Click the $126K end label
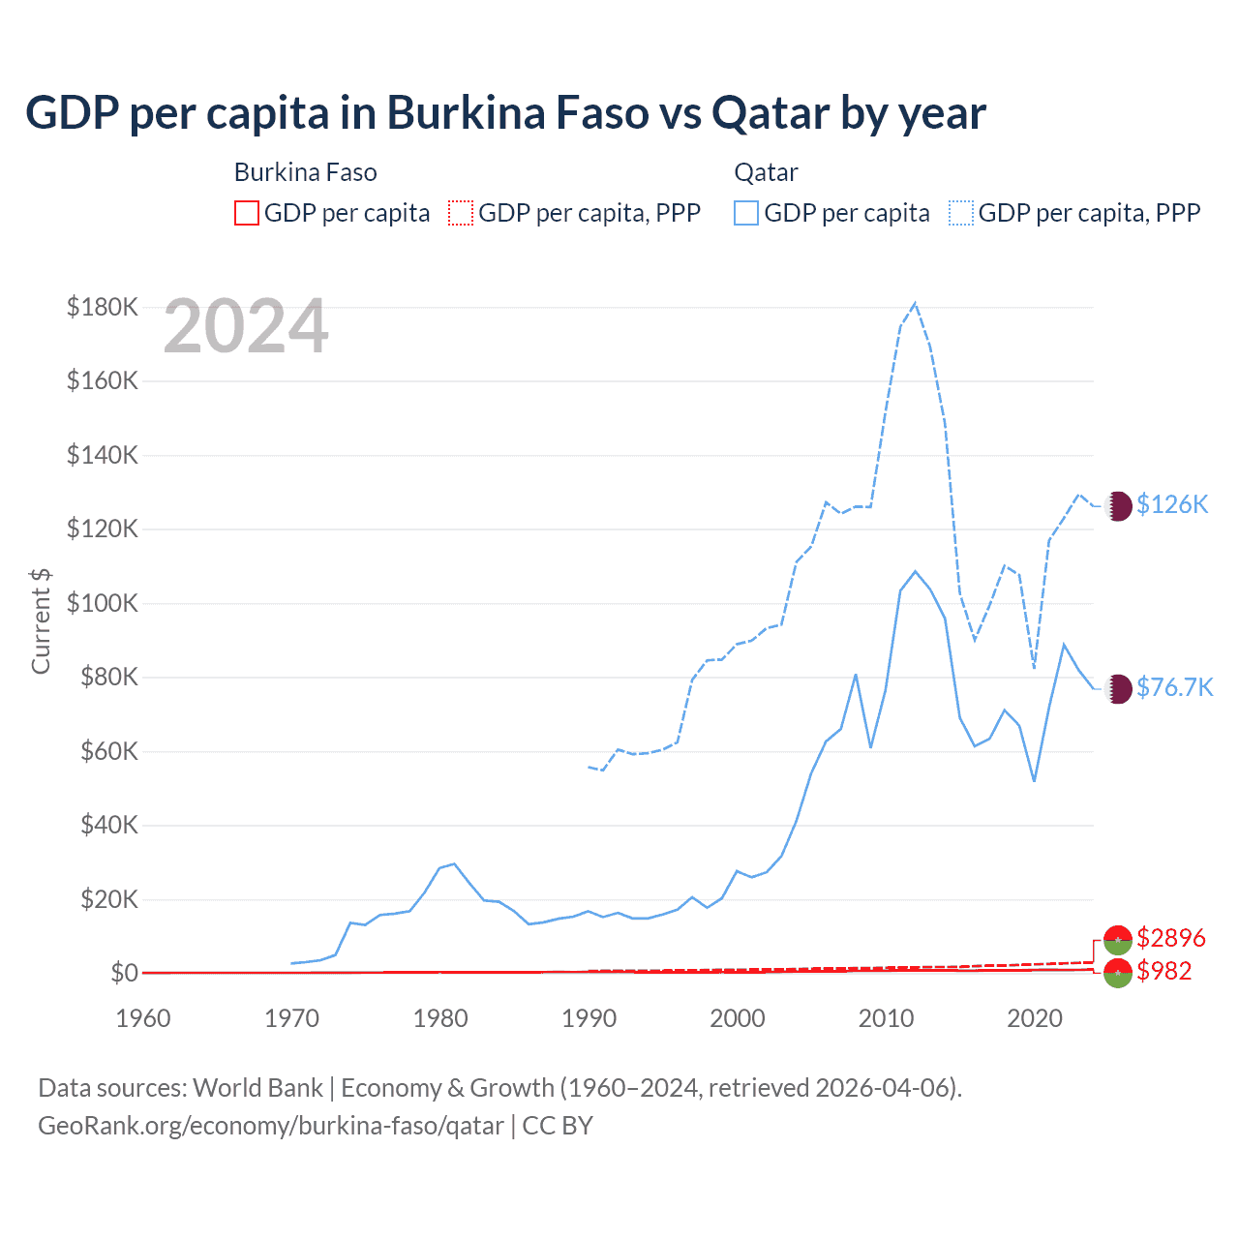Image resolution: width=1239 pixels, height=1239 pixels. tap(1172, 504)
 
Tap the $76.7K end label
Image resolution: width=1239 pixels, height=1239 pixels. tap(1174, 687)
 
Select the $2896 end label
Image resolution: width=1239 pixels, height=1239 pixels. tap(1171, 938)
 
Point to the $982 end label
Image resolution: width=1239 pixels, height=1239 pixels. tap(1164, 971)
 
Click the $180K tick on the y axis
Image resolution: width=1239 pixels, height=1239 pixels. tap(103, 308)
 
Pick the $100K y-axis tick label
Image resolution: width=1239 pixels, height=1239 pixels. tap(103, 603)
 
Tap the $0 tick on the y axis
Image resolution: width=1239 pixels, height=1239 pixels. tap(124, 973)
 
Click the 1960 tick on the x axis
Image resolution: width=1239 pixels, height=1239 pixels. tap(143, 1018)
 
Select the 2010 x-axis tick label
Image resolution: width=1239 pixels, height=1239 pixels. tap(886, 1018)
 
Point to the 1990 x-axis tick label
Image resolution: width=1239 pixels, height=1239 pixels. tap(589, 1018)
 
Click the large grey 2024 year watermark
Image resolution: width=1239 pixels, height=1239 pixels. tap(246, 327)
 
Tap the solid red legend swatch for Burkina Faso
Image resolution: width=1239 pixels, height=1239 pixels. tap(247, 213)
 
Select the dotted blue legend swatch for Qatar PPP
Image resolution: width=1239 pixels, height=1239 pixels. tap(961, 213)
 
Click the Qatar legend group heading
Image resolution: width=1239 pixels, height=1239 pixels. tap(766, 172)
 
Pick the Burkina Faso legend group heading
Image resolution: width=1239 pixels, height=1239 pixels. tap(305, 172)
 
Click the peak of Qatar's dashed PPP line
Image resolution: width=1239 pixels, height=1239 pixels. tap(915, 303)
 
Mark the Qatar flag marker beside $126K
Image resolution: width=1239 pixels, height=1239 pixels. tap(1118, 505)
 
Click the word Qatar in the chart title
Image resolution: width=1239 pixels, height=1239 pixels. tap(771, 113)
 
